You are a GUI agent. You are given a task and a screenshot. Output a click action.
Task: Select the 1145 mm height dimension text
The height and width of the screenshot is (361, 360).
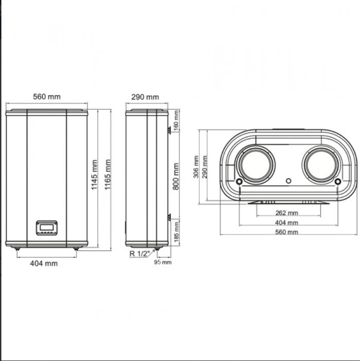coord(95,175)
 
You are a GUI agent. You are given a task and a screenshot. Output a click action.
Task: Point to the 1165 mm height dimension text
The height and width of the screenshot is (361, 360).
coord(108,175)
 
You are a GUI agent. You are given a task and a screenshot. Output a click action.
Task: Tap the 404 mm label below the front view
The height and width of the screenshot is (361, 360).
coord(44,264)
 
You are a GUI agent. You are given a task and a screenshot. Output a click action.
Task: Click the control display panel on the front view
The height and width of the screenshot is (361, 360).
coord(46,227)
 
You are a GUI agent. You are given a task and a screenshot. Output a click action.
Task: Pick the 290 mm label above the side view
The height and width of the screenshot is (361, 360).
coord(145,97)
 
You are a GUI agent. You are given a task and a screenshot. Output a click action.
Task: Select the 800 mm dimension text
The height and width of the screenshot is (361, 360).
coord(176,176)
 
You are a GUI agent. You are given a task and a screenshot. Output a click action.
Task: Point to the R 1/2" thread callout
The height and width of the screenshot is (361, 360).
coord(139,254)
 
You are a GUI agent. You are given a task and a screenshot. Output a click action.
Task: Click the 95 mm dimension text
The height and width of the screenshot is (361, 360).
coord(163,262)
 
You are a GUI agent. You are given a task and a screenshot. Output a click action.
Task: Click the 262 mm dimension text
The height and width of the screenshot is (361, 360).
coord(286,213)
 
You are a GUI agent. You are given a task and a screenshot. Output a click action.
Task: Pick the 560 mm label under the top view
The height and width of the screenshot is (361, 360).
coord(286,232)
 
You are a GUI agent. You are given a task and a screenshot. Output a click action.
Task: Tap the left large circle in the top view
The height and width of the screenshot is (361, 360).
coord(256,165)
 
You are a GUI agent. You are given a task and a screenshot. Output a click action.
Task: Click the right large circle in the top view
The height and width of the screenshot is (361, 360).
coord(321,165)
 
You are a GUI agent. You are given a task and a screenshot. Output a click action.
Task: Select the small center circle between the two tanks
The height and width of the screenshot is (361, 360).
coord(288,181)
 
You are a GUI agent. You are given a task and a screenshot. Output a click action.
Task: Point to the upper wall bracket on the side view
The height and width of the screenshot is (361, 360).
coord(168,132)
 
